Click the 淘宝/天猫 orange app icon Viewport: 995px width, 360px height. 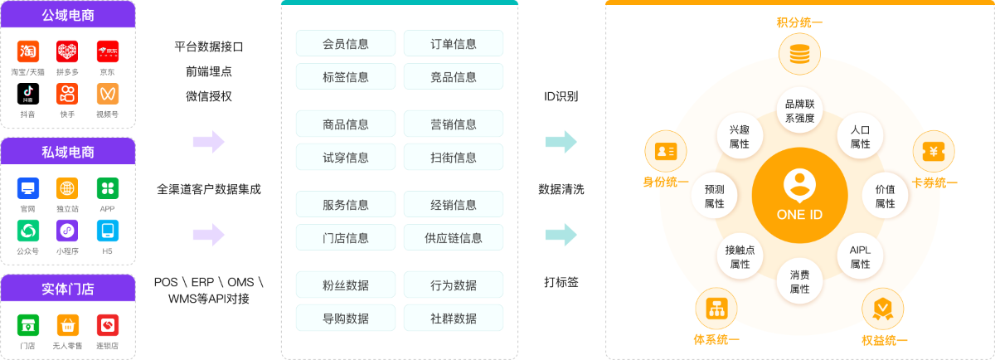point(28,51)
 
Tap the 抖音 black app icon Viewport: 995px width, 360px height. point(28,94)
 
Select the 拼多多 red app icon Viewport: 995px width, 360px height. point(67,51)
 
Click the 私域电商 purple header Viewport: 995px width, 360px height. point(68,152)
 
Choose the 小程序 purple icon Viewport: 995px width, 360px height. point(67,231)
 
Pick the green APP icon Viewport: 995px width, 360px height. point(108,188)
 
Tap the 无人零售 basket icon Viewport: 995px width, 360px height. point(67,325)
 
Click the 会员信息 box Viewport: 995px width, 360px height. point(346,44)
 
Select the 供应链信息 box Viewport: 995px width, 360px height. point(454,238)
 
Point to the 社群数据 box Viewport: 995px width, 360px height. point(454,319)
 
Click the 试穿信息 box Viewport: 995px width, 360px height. point(346,158)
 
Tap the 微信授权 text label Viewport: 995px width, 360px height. point(209,96)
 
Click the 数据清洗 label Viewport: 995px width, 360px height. point(561,189)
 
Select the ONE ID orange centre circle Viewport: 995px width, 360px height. point(799,196)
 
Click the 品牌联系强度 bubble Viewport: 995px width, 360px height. point(799,110)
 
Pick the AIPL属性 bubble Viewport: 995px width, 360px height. point(860,256)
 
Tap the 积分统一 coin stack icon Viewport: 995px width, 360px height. point(799,54)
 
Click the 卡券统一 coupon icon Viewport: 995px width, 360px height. point(934,152)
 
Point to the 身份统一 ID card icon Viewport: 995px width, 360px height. point(665,152)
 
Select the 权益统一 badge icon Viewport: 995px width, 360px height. point(882,309)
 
